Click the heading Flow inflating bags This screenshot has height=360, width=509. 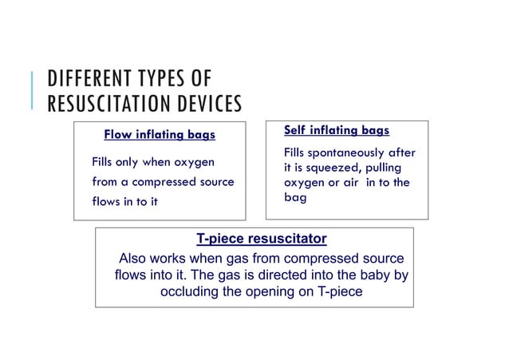(160, 134)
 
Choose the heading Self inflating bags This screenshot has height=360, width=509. (337, 130)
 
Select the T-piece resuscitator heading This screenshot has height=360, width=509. (262, 239)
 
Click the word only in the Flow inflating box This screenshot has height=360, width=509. (132, 162)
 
